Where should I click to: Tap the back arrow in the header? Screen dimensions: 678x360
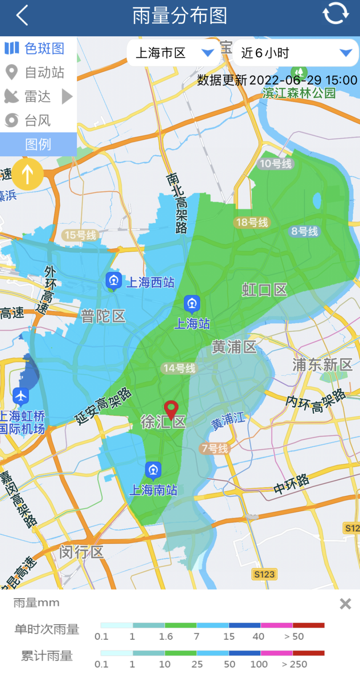pyautogui.click(x=22, y=16)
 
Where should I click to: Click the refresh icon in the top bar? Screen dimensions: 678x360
pyautogui.click(x=335, y=13)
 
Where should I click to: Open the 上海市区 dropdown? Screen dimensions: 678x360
pyautogui.click(x=174, y=53)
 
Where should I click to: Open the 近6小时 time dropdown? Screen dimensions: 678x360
pyautogui.click(x=295, y=53)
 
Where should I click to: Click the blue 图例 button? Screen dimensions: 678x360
pyautogui.click(x=38, y=144)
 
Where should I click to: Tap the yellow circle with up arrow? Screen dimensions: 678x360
pyautogui.click(x=28, y=174)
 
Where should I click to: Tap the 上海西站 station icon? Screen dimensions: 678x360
pyautogui.click(x=113, y=280)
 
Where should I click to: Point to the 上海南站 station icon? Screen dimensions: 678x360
pyautogui.click(x=153, y=470)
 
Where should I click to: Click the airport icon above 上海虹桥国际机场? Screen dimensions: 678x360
pyautogui.click(x=21, y=396)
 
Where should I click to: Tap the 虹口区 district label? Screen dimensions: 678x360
pyautogui.click(x=264, y=290)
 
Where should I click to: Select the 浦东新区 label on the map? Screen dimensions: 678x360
pyautogui.click(x=322, y=365)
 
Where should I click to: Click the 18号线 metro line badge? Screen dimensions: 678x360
pyautogui.click(x=252, y=222)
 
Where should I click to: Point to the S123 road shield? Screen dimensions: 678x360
pyautogui.click(x=264, y=574)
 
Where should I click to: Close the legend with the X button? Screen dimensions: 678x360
pyautogui.click(x=345, y=604)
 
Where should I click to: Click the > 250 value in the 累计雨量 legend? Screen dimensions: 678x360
pyautogui.click(x=294, y=664)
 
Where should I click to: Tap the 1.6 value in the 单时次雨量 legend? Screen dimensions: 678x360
pyautogui.click(x=166, y=636)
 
